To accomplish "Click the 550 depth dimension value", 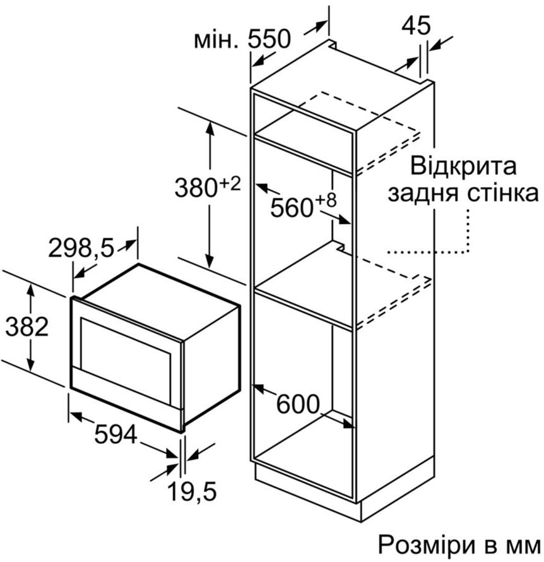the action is click(x=269, y=39).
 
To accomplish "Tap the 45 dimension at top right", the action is click(x=416, y=25).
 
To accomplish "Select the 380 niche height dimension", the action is click(x=196, y=188).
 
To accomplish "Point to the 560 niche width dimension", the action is click(x=292, y=208).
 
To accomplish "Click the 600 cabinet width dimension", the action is click(x=298, y=404).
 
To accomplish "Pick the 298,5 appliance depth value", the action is click(x=81, y=248).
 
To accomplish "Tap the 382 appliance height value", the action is click(x=27, y=327).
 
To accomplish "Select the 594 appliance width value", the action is click(x=115, y=434).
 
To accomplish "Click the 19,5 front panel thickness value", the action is click(x=192, y=492).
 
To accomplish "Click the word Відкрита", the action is click(x=463, y=166).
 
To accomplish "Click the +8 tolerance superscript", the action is click(x=326, y=200).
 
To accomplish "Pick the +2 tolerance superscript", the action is click(x=230, y=184).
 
